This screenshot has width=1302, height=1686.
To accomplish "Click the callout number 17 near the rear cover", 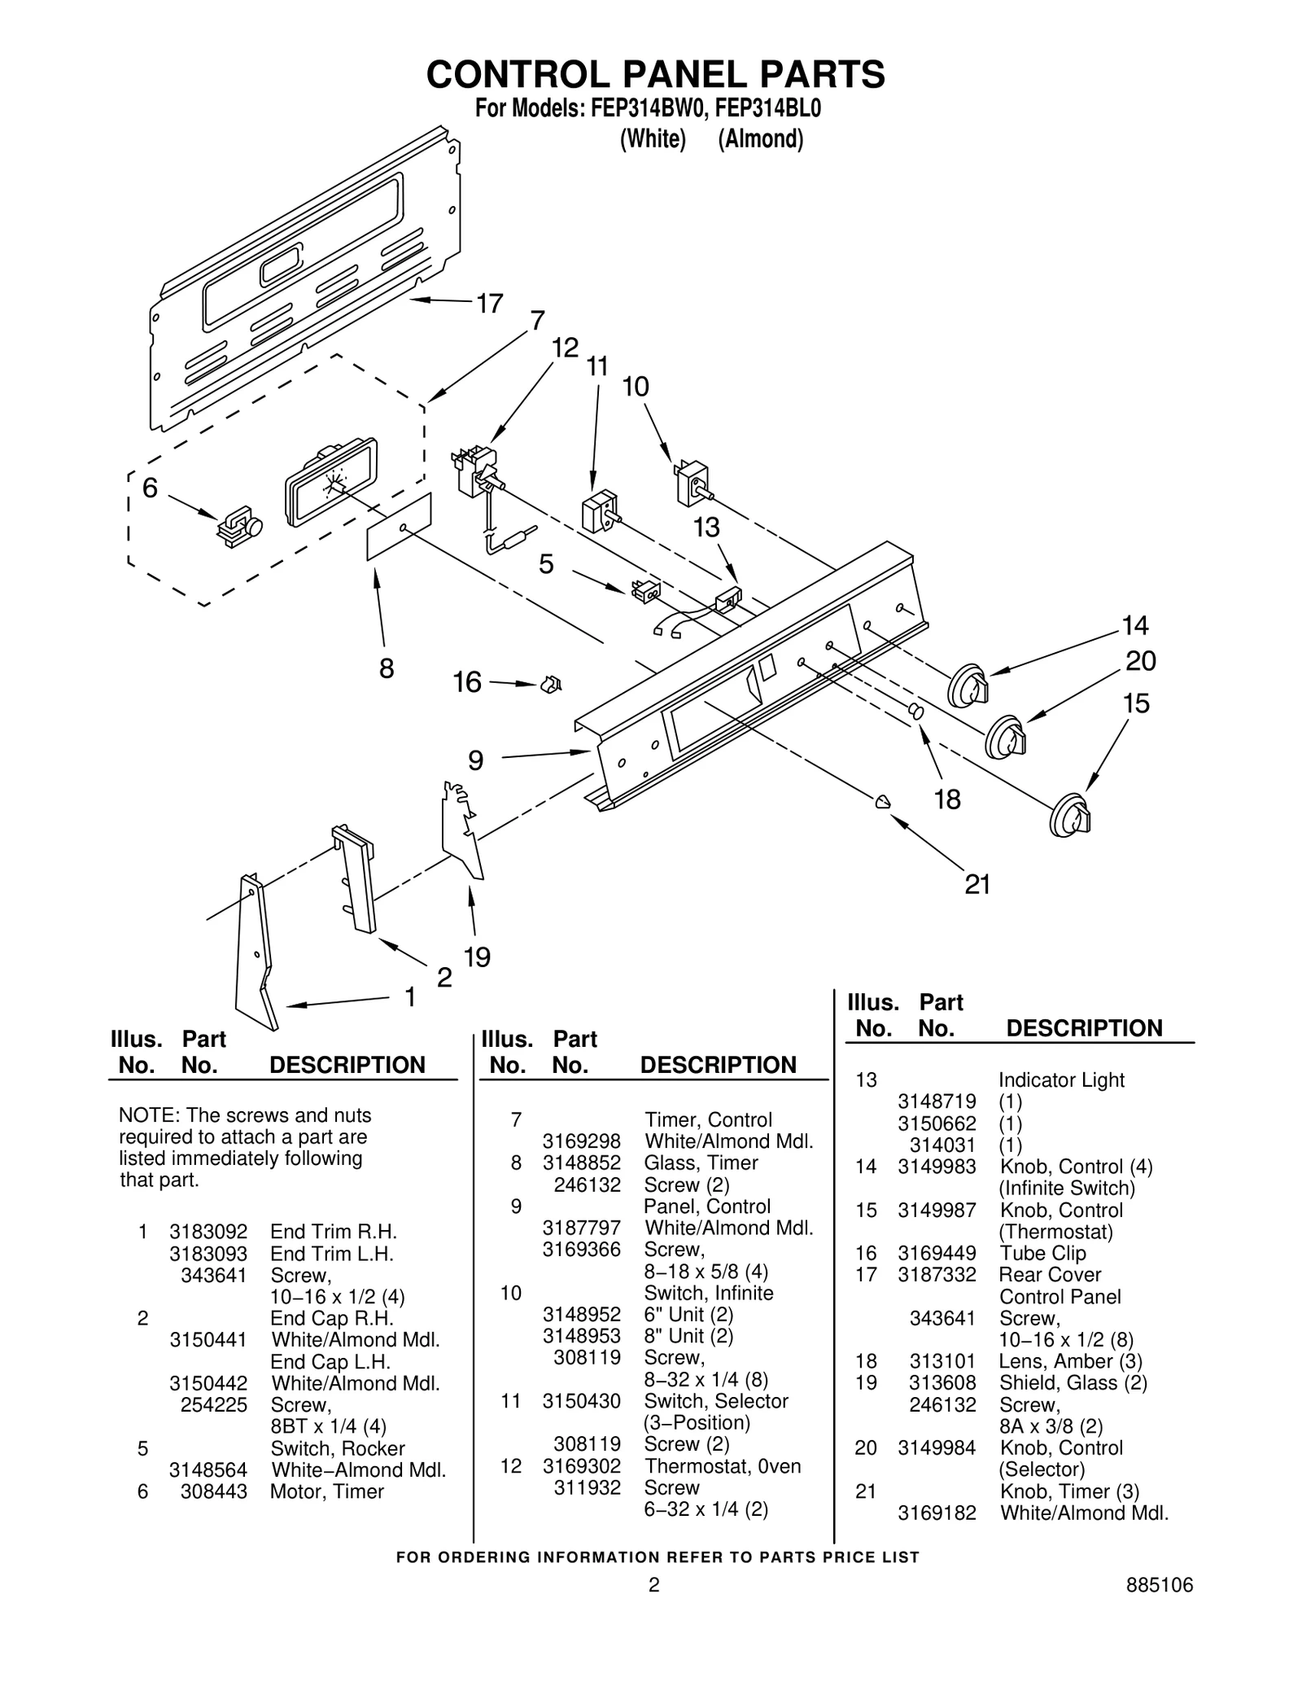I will (x=489, y=304).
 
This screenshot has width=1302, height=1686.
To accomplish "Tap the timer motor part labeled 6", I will (x=237, y=526).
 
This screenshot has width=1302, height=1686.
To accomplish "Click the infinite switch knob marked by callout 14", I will (x=968, y=686).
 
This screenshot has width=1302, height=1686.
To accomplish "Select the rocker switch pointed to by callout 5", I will (x=646, y=592).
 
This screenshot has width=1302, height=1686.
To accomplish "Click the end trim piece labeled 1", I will (x=255, y=952).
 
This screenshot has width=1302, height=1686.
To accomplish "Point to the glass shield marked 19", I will (x=461, y=830).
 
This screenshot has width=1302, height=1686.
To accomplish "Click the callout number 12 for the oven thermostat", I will (x=565, y=348).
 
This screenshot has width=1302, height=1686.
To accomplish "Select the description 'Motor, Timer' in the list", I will (x=326, y=1491).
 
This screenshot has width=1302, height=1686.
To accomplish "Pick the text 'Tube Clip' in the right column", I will (x=1042, y=1253).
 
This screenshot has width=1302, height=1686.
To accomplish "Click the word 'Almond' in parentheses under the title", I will (x=760, y=139).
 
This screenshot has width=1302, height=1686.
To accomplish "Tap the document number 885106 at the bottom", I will (x=1159, y=1608).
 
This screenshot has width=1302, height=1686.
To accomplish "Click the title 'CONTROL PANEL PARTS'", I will (x=655, y=74).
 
